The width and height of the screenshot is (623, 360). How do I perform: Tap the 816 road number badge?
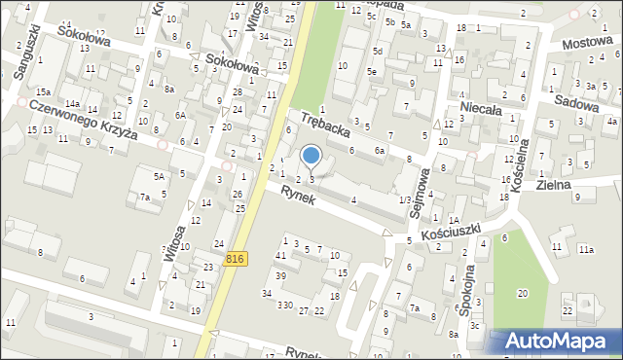234,258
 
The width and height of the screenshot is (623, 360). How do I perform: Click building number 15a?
44,90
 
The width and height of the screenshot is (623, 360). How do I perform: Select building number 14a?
72,103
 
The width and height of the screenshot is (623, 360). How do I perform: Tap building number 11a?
585,250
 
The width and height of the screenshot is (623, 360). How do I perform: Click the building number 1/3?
404,199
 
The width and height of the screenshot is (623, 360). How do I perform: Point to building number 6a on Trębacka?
381,151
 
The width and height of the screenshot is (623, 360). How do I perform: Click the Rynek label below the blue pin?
299,195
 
